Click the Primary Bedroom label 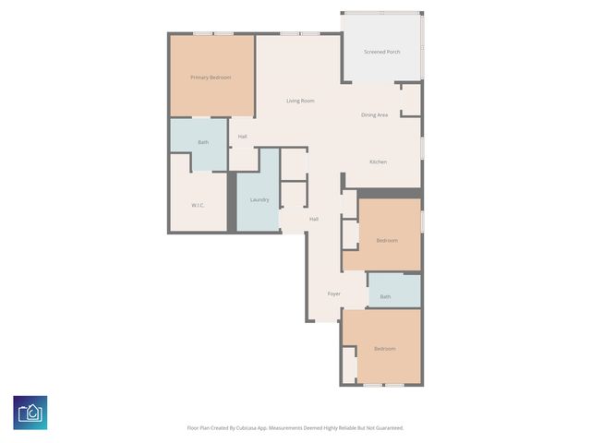pos(211,78)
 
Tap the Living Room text pos(300,101)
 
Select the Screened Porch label pos(381,52)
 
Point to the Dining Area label pos(374,114)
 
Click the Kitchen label pos(378,162)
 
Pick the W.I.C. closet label pos(198,204)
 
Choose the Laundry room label pos(259,199)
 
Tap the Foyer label pos(333,293)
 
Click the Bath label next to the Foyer pos(385,296)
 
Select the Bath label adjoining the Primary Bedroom pos(203,142)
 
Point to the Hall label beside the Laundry pos(314,219)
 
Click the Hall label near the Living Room pos(242,137)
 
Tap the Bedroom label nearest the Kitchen pos(387,240)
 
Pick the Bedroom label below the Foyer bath pos(384,348)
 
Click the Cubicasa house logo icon pos(30,413)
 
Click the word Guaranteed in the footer pos(388,427)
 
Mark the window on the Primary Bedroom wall pos(213,33)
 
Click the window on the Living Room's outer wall pos(300,33)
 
